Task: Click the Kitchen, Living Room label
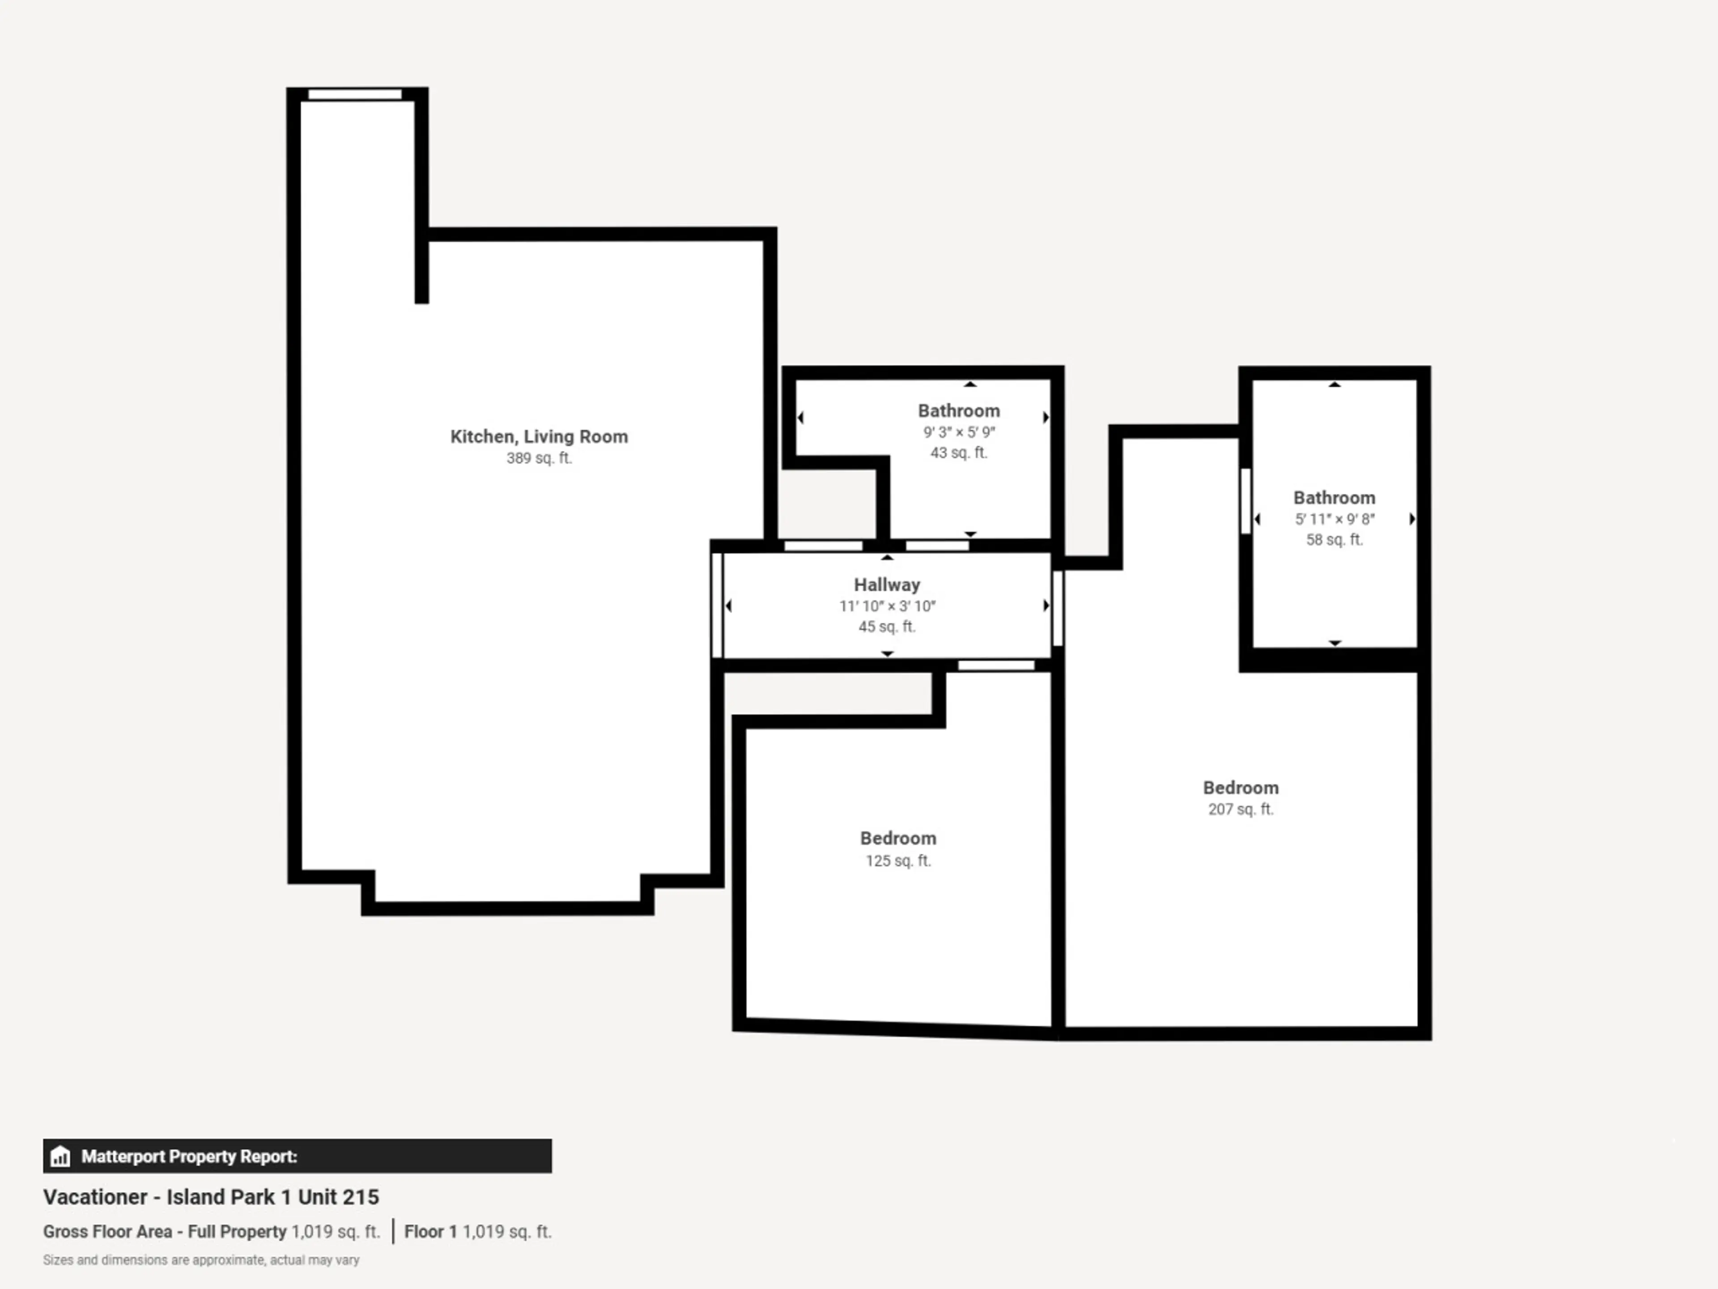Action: click(539, 437)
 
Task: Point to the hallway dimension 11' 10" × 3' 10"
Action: click(887, 606)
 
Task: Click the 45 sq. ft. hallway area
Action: click(887, 626)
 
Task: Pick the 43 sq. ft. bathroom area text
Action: click(959, 452)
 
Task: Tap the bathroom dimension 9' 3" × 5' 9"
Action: click(959, 432)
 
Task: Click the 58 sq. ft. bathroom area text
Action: click(1334, 539)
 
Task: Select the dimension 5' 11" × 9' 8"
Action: click(1334, 519)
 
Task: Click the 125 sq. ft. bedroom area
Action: click(899, 860)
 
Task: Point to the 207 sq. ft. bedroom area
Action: click(1241, 809)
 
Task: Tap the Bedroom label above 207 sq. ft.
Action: click(1241, 788)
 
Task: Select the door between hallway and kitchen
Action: click(717, 605)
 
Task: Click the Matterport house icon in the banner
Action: click(60, 1156)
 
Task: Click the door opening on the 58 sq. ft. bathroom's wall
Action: click(1245, 501)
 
